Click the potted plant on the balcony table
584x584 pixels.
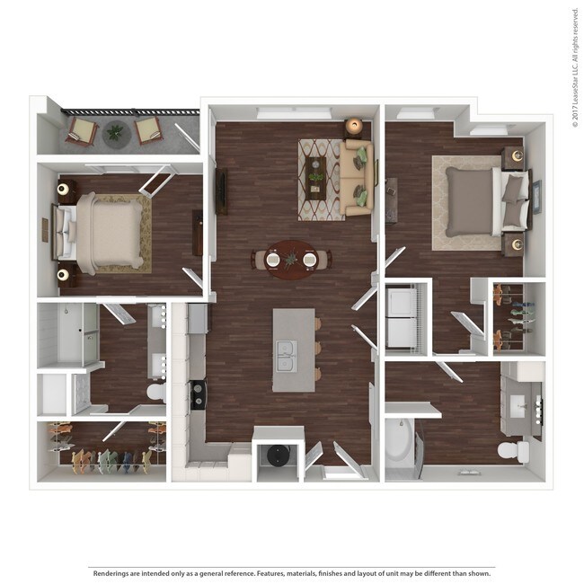pyautogui.click(x=114, y=134)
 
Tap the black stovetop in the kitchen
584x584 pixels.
pyautogui.click(x=198, y=392)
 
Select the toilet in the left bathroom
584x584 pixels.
pyautogui.click(x=155, y=393)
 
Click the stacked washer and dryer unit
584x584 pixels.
pyautogui.click(x=401, y=319)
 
